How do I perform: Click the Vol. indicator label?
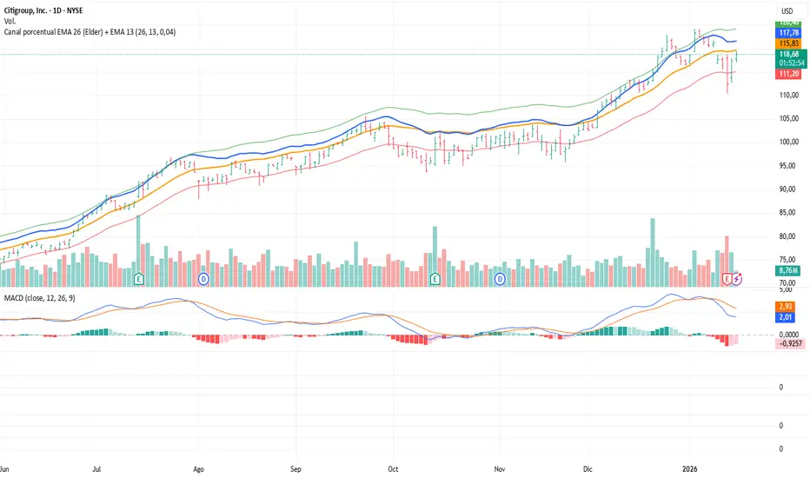tap(11, 19)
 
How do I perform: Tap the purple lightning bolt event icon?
tap(738, 278)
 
